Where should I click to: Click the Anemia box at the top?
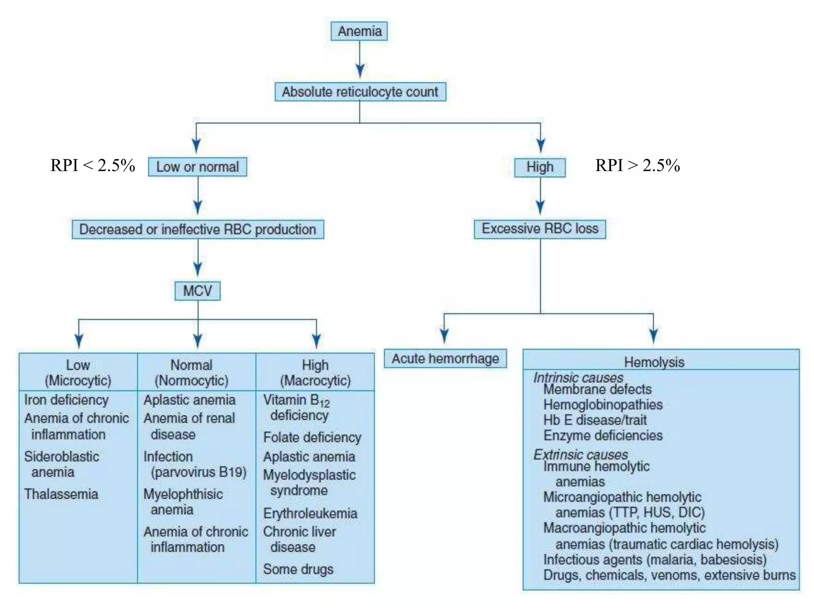point(359,31)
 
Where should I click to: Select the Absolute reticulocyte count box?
point(360,92)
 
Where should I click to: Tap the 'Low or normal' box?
point(198,167)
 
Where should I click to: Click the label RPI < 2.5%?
point(93,165)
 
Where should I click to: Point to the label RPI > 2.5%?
point(638,165)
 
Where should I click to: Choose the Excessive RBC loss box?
point(540,229)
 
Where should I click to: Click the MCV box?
point(198,291)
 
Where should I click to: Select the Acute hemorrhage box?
point(445,359)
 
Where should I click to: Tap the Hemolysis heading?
point(654,362)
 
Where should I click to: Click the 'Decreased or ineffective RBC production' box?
point(198,230)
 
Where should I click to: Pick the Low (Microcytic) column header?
point(78,373)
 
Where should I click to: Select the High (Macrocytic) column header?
point(315,373)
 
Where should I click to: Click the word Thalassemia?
point(61,494)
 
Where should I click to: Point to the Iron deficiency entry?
point(66,400)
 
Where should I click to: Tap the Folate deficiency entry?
point(312,437)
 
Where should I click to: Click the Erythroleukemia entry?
point(310,513)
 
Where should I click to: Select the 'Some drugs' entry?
point(298,569)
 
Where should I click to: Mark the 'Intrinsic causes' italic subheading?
point(578,377)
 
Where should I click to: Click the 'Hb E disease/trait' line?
point(595,420)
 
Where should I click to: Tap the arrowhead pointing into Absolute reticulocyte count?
point(360,72)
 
